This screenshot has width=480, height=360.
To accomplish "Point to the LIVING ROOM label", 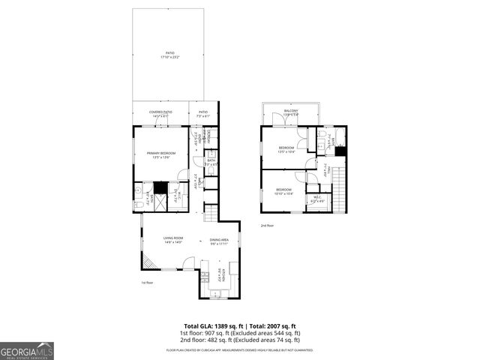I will point(173,240).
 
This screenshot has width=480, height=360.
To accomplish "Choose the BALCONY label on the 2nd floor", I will point(290,112).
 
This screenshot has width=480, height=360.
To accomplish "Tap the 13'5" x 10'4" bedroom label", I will point(286,149).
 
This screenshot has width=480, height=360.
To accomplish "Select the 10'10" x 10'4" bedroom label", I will point(283,191).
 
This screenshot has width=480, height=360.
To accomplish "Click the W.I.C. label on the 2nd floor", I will point(317,199).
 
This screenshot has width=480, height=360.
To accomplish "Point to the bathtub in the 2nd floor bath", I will point(340,136).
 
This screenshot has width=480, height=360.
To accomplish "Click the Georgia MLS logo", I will point(27,350).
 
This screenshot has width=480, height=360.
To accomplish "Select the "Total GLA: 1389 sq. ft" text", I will point(206,325).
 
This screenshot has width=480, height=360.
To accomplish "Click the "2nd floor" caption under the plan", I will point(268,225).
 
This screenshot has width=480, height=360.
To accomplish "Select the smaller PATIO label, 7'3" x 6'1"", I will point(202,114).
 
